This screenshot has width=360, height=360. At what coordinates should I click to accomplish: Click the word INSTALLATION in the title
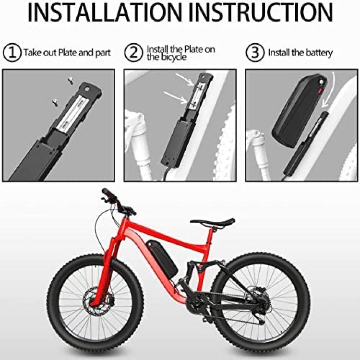click(x=105, y=12)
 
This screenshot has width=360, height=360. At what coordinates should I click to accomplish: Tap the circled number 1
click(x=12, y=52)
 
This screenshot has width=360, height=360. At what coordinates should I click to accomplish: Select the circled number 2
click(x=133, y=52)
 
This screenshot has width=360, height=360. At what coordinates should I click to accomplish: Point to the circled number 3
click(x=255, y=52)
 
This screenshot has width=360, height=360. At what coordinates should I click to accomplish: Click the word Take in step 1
click(x=33, y=53)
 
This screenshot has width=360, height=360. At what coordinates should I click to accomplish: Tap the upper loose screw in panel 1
click(x=71, y=81)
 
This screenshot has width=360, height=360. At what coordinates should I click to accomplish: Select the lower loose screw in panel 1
click(x=55, y=102)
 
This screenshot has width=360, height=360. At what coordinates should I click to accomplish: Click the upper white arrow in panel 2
click(x=185, y=80)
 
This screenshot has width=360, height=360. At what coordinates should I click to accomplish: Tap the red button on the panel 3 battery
click(x=320, y=91)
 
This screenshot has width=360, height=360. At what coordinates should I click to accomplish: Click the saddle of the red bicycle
click(x=213, y=222)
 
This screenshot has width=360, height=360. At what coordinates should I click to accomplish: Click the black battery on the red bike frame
click(x=162, y=258)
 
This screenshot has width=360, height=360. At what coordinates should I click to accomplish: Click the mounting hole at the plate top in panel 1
click(x=87, y=88)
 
